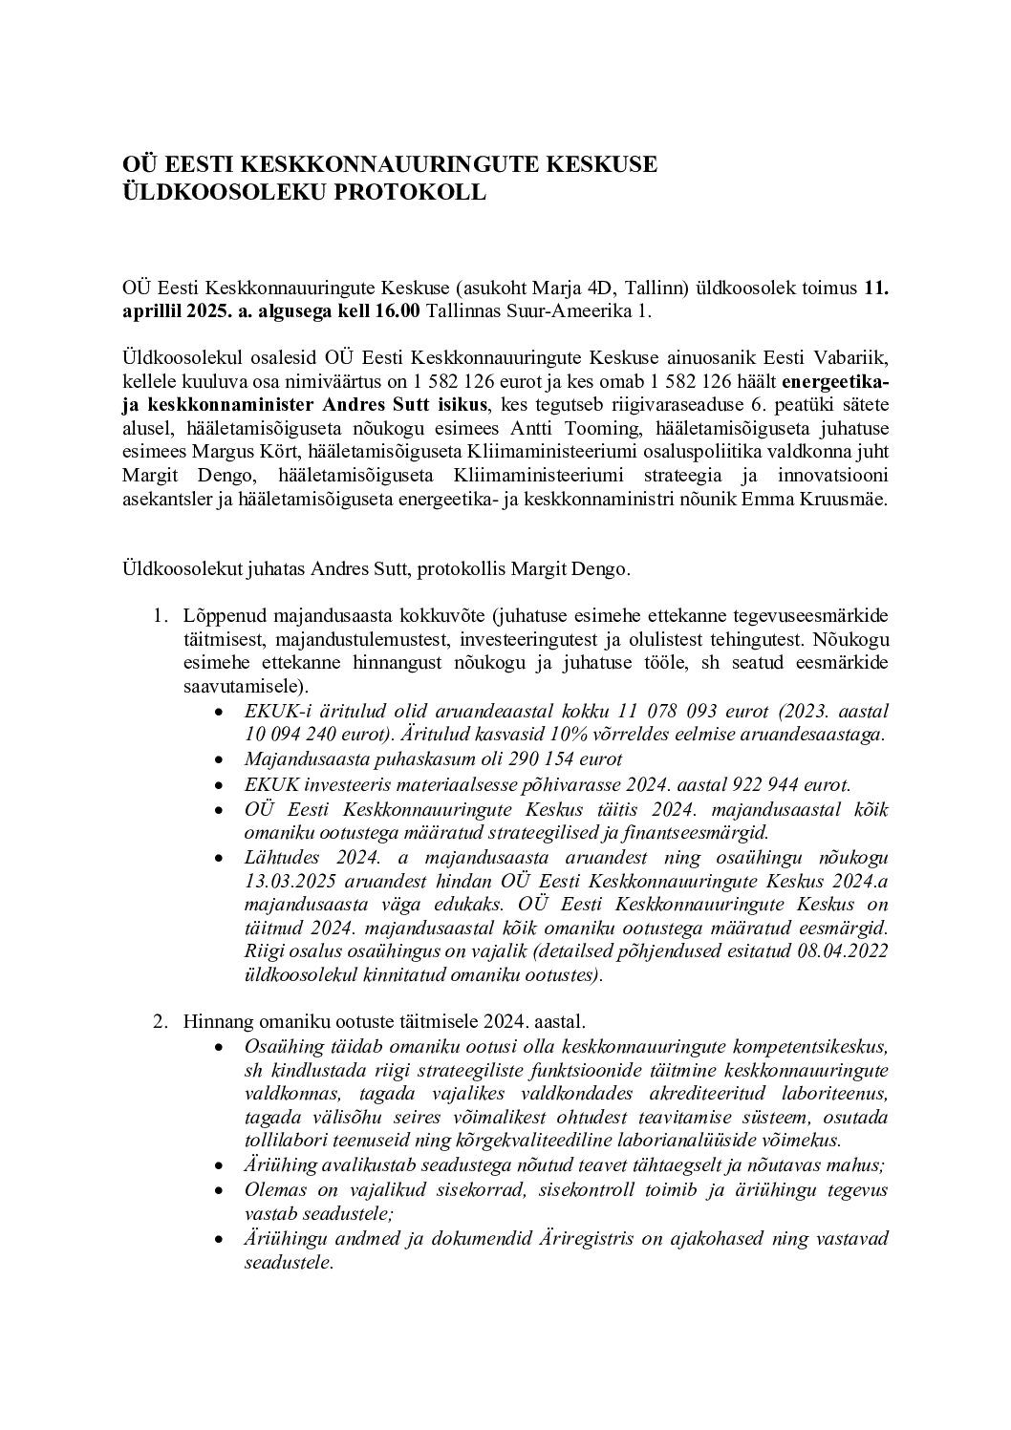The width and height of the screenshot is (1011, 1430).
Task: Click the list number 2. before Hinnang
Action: pos(161,1021)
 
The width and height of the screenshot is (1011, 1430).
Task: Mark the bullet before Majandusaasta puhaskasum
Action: pos(221,760)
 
